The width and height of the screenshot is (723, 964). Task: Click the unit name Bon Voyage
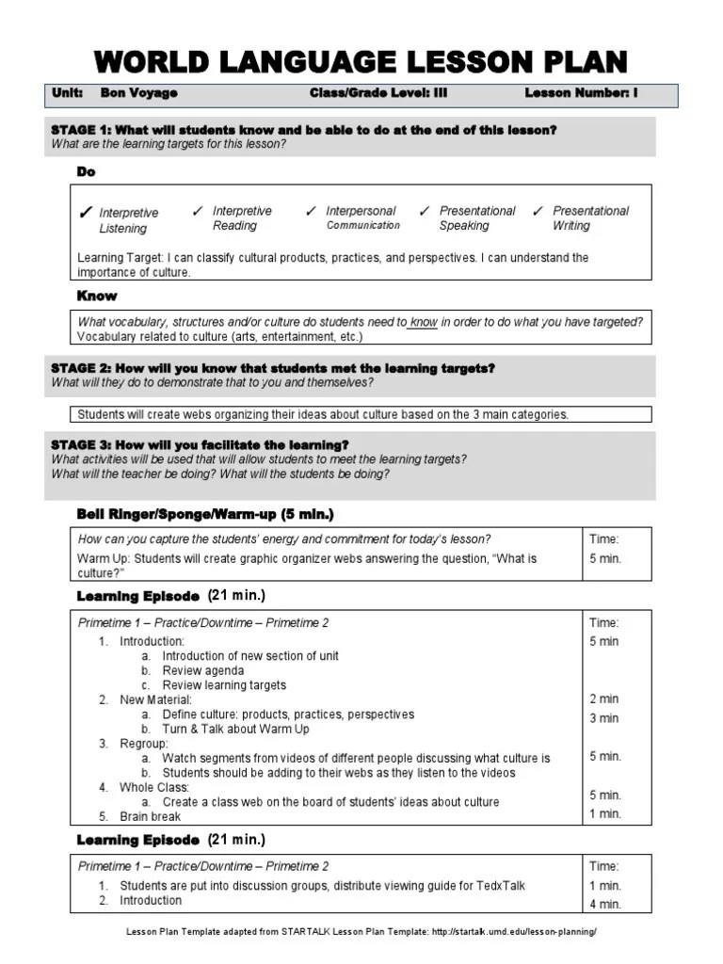[139, 93]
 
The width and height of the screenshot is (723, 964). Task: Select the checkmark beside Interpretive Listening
[86, 214]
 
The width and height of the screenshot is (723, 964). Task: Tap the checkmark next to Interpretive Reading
[198, 211]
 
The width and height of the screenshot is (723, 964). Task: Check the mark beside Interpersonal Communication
[312, 211]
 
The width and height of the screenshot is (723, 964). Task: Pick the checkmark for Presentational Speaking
[425, 211]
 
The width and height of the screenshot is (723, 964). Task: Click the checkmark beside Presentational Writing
[538, 211]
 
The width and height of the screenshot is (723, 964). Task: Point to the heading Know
[97, 296]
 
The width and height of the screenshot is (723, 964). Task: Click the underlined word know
[424, 322]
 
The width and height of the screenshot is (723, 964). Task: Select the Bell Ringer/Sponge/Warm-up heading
[204, 514]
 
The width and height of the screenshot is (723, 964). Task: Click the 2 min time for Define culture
[603, 699]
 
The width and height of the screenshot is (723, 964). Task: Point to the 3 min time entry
[603, 718]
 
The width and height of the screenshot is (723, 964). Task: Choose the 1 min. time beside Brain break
[605, 814]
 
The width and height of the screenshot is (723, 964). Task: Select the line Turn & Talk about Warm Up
[235, 729]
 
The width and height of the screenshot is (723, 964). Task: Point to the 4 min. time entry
[605, 905]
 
